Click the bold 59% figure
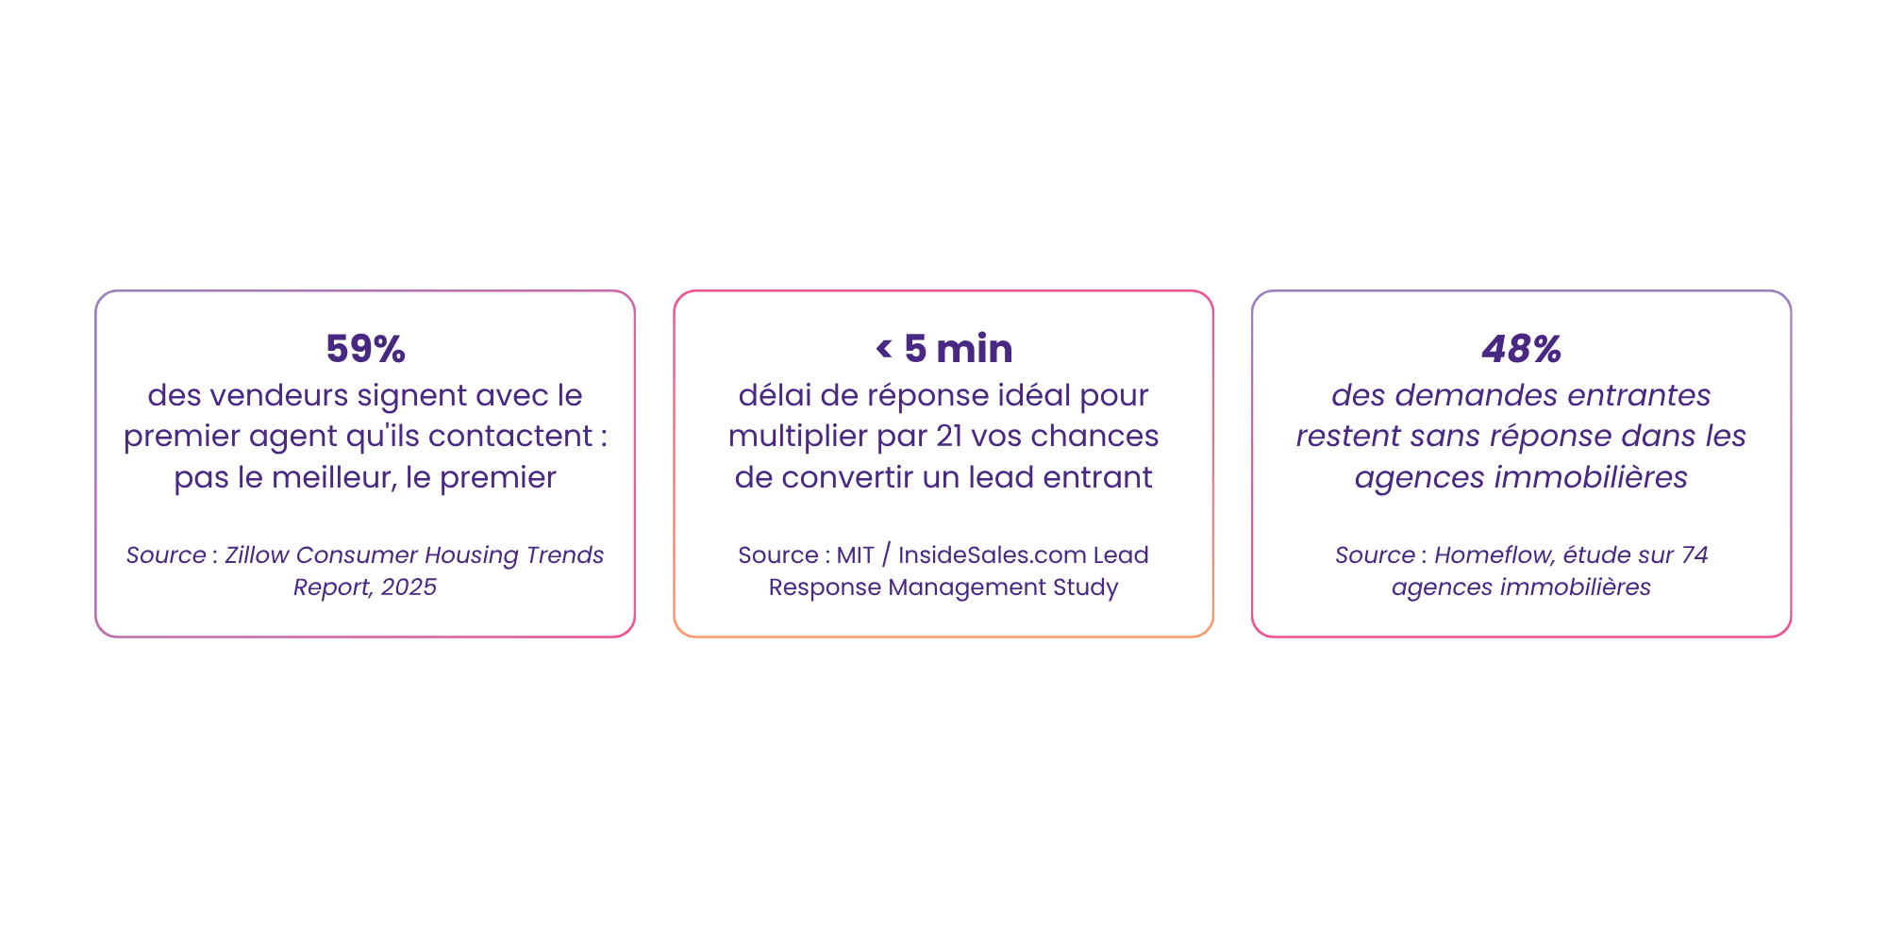click(x=365, y=349)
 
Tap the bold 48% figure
click(x=1521, y=349)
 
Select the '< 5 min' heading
click(x=943, y=349)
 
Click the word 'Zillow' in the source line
click(x=257, y=554)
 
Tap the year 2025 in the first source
click(x=409, y=587)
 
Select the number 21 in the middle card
click(x=949, y=436)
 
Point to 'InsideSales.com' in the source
click(x=992, y=554)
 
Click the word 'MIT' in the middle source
click(x=856, y=554)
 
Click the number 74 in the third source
click(x=1695, y=554)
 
